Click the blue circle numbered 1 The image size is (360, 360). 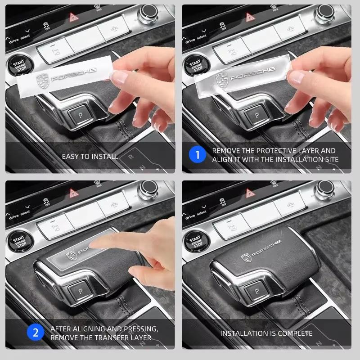pyautogui.click(x=196, y=156)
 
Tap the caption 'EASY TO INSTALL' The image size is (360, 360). pyautogui.click(x=90, y=157)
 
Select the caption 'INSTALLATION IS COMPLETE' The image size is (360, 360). pyautogui.click(x=266, y=333)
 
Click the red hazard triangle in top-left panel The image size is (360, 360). pyautogui.click(x=72, y=18)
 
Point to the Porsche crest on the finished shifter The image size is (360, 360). pyautogui.click(x=246, y=257)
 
